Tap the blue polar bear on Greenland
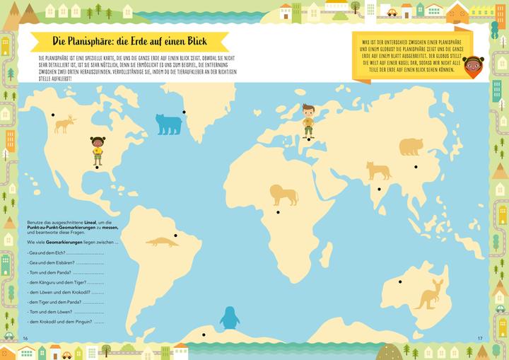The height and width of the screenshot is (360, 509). pos(168,124)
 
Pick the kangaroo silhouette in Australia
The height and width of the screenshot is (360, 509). pos(430,293)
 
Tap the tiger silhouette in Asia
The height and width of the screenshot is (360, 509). pos(378,170)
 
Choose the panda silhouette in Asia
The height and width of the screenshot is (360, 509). pos(411,146)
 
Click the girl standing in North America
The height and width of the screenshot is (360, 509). pos(97,150)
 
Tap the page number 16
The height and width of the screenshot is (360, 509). pos(25,337)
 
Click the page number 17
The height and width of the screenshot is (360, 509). pos(479,337)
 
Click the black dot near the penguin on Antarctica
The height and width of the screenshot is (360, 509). pos(203,335)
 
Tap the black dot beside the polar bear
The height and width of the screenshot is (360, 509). pos(184,112)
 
